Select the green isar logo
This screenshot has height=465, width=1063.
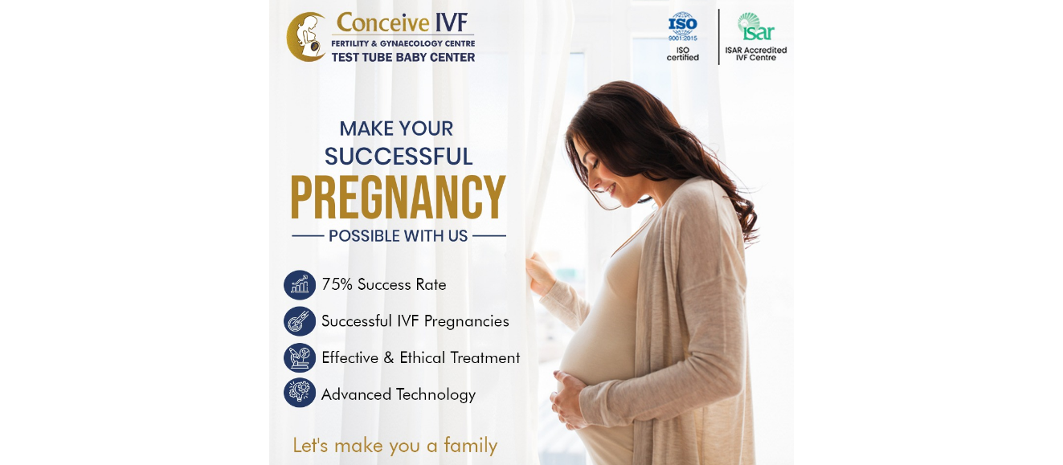click(x=755, y=27)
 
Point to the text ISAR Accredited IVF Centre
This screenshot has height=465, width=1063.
click(x=755, y=54)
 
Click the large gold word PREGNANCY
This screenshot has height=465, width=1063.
click(x=399, y=198)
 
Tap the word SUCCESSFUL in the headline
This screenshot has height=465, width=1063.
click(x=399, y=157)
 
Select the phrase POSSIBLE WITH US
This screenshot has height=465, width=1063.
click(x=399, y=236)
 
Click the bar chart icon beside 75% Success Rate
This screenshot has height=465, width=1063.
click(x=300, y=284)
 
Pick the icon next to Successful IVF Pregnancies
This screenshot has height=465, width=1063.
click(x=300, y=321)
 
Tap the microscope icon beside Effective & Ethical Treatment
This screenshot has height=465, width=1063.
click(x=300, y=357)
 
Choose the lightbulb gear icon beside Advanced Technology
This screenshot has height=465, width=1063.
click(x=300, y=393)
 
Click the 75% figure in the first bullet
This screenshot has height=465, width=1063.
click(x=337, y=284)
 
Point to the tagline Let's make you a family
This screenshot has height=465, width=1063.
click(x=395, y=446)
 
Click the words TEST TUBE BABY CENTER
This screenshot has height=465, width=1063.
click(x=403, y=57)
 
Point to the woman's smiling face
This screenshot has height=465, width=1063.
click(x=605, y=176)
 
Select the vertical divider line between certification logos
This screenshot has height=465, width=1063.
click(x=719, y=36)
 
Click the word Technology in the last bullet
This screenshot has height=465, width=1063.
click(x=435, y=395)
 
